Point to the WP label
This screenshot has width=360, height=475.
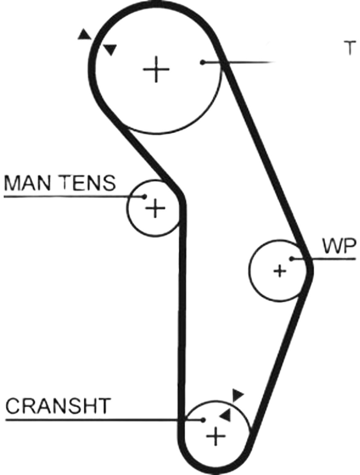[339, 246]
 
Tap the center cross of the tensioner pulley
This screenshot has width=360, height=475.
[155, 208]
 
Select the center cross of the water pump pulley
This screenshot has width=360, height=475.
[280, 271]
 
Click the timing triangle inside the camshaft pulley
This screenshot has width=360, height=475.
[110, 50]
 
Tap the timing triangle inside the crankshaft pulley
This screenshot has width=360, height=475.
[226, 414]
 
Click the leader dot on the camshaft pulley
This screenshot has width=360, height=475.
[202, 63]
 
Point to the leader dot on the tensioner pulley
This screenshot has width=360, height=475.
[144, 196]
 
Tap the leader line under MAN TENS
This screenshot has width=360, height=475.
[74, 197]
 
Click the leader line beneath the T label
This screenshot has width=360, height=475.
[239, 62]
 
